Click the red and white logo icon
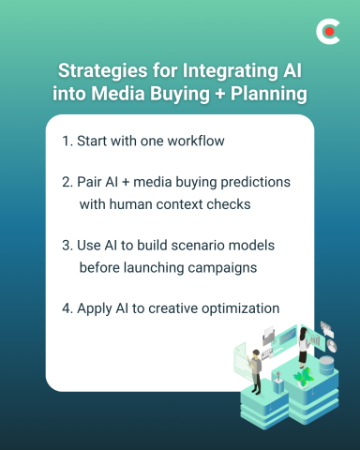click(x=328, y=32)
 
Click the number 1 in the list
click(x=66, y=141)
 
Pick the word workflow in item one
click(x=197, y=141)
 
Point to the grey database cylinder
click(x=326, y=366)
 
